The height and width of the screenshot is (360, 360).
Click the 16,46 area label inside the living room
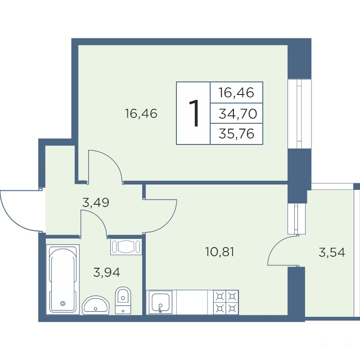141,113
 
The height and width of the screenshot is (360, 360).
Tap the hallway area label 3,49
95,202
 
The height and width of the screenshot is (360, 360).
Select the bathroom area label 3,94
107,273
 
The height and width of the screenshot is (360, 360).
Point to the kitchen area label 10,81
220,252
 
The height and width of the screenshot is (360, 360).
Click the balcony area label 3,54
332,252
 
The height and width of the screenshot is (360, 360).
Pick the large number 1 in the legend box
194,113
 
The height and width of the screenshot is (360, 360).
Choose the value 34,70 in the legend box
238,113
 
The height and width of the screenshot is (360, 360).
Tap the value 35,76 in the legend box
237,134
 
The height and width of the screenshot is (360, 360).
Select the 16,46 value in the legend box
237,93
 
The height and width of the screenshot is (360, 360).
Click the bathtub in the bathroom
63,279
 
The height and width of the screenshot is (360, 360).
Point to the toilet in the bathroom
123,300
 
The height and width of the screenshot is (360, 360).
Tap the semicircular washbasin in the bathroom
96,305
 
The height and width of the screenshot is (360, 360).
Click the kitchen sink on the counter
161,302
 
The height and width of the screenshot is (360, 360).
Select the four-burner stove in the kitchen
226,302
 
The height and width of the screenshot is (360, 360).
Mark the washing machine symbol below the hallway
126,247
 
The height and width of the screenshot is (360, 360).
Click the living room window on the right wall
299,114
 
